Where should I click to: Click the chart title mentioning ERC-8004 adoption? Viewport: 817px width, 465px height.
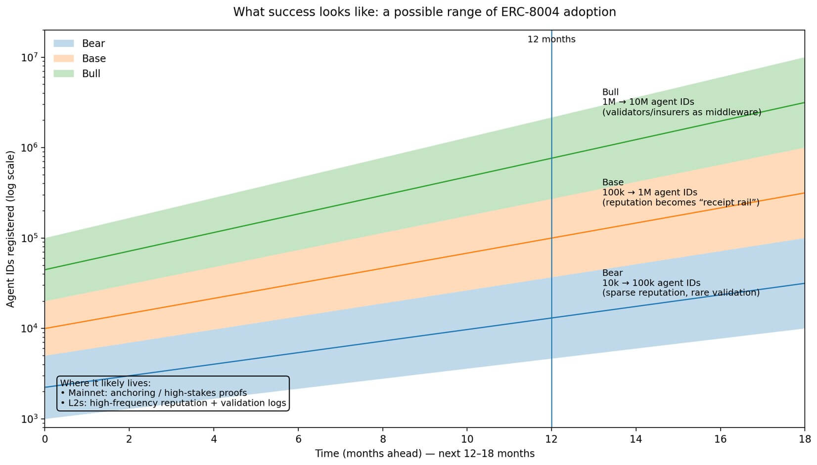coord(424,12)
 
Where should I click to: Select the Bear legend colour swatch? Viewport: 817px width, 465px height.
coord(64,43)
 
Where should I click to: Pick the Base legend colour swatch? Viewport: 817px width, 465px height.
coord(64,58)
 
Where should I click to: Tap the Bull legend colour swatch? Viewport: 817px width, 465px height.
coord(64,74)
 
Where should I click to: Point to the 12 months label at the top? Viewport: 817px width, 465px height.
coord(551,40)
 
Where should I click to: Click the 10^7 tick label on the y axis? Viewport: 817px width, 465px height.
coord(30,57)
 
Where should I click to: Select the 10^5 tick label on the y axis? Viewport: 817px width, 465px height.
coord(30,238)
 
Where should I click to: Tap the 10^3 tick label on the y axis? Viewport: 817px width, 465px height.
coord(30,419)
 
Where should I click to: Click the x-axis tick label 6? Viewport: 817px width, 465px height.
coord(298,439)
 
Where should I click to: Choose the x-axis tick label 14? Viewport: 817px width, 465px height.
coord(635,439)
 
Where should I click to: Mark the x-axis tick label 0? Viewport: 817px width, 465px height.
coord(45,439)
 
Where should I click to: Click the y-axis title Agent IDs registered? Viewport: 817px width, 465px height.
coord(11,229)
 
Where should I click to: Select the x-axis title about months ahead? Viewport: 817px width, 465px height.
coord(424,454)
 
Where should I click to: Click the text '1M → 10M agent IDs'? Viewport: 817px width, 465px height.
coord(648,102)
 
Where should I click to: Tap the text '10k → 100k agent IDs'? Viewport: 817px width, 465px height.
coord(651,283)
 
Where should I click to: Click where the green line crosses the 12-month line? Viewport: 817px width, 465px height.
coord(551,158)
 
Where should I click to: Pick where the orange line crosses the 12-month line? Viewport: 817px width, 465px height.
coord(551,238)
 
